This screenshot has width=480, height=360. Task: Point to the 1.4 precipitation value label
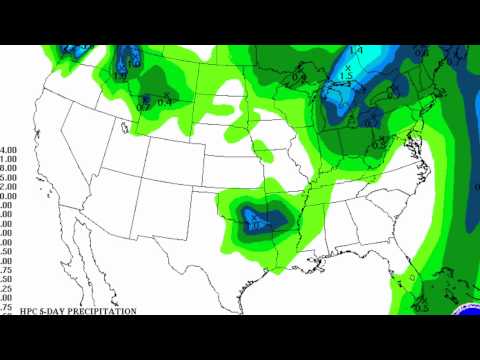[x=356, y=50]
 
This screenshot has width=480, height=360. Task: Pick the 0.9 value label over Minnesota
[x=299, y=77]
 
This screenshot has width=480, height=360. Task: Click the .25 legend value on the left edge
[x=8, y=288]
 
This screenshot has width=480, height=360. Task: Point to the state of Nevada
[x=85, y=160]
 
